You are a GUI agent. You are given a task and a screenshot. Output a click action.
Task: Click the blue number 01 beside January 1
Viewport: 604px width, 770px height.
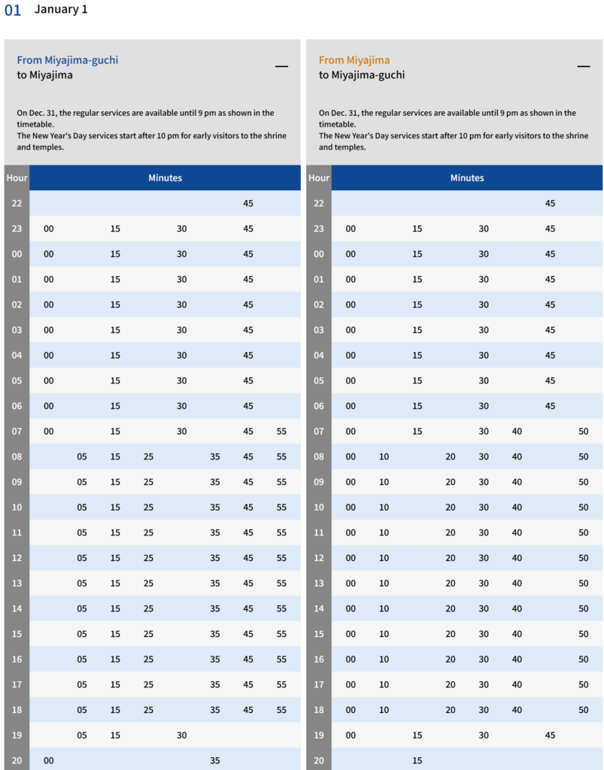point(13,11)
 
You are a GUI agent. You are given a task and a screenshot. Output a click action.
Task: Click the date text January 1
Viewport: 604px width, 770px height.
point(61,10)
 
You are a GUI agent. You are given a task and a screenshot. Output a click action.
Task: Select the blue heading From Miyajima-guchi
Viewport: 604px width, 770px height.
point(68,60)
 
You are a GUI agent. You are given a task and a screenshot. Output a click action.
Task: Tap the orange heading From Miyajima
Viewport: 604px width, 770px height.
point(354,60)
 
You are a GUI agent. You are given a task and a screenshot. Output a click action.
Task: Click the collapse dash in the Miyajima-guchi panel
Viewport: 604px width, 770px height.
point(281,66)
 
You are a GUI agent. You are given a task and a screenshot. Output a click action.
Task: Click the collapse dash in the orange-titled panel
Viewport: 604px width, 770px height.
point(583,66)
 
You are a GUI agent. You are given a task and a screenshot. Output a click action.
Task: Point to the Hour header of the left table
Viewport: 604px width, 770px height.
point(17,178)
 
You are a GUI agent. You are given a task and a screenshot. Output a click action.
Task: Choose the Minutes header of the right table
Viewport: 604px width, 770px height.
point(467,178)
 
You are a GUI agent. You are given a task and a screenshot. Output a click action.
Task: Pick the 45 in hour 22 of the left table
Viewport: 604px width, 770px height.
point(248,204)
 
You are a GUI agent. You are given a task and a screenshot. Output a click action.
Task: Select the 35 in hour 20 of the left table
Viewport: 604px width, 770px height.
point(215,760)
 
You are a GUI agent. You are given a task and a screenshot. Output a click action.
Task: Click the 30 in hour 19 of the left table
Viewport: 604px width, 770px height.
point(182,735)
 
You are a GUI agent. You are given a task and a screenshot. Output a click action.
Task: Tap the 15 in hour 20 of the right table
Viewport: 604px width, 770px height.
point(417,760)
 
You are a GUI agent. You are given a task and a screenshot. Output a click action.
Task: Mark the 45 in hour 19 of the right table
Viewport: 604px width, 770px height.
point(550,735)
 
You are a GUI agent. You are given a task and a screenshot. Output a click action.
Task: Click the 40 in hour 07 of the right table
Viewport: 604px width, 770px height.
point(517,432)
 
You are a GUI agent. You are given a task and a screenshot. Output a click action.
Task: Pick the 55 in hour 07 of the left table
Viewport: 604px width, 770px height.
point(281,432)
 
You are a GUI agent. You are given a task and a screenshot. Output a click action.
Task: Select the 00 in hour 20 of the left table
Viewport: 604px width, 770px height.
point(49,760)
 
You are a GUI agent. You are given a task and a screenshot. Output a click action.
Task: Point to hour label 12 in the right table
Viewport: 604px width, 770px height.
point(319,558)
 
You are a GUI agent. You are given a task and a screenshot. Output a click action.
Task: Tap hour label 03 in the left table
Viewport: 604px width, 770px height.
point(17,330)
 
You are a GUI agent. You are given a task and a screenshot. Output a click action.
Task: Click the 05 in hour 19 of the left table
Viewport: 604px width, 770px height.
point(82,735)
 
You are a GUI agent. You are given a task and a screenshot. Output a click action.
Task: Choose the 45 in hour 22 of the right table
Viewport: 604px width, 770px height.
point(550,204)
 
